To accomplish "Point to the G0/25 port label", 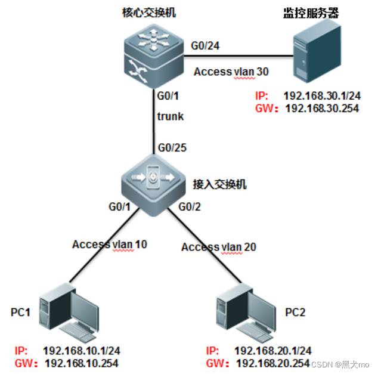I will (172, 148).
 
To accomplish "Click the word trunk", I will (170, 117).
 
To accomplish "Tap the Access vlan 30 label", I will (231, 72).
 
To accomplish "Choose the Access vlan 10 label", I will (110, 244).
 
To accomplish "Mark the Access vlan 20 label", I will (219, 246).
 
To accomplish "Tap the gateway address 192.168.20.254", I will (273, 363).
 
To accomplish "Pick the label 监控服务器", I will (311, 13).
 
